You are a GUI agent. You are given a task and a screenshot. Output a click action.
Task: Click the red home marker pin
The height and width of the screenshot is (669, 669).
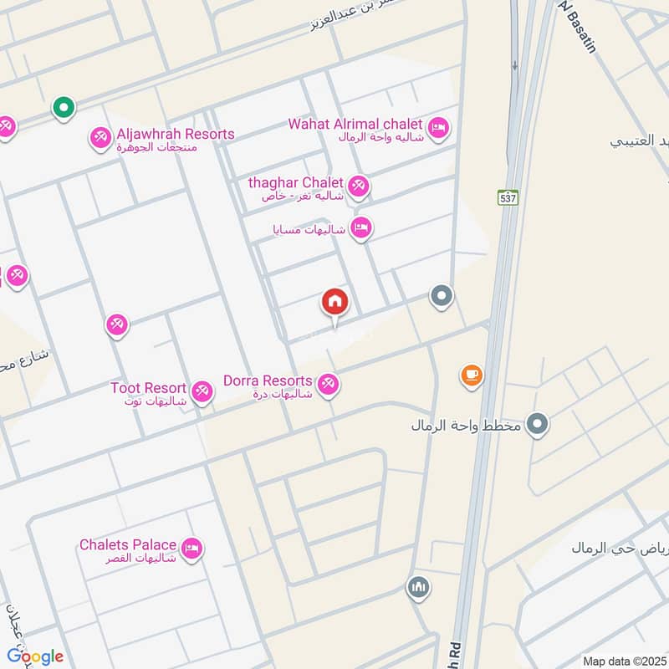pos(335,302)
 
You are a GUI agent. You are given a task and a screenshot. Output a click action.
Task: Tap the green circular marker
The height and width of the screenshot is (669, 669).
pos(63,107)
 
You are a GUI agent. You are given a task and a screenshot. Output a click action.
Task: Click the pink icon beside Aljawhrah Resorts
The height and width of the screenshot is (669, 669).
pos(100,137)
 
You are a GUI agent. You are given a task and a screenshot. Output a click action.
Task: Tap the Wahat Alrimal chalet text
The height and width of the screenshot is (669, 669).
pos(355,124)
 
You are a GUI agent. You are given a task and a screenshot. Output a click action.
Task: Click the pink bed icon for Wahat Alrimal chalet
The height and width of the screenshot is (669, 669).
pos(439,129)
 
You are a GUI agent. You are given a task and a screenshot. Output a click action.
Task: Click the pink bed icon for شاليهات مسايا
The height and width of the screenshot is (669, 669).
pos(360,227)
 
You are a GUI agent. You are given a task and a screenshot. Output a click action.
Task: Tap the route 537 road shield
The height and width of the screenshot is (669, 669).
pos(508,198)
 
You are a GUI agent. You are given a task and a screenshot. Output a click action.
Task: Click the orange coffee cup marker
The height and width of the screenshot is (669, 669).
pos(472,375)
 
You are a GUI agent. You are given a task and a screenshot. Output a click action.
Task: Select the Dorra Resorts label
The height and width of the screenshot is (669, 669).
pos(268,380)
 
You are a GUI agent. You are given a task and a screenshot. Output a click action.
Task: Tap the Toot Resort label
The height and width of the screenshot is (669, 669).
pos(148,388)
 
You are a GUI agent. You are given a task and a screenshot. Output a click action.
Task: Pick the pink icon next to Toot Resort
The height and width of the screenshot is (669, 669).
pos(202,391)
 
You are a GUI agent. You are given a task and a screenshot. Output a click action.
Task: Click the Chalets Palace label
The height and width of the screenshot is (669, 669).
pos(128,544)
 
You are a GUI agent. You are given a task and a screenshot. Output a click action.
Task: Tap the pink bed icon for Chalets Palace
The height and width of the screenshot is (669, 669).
pos(192,549)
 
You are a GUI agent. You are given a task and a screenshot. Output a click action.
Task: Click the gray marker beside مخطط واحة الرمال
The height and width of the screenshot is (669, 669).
pos(539,425)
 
